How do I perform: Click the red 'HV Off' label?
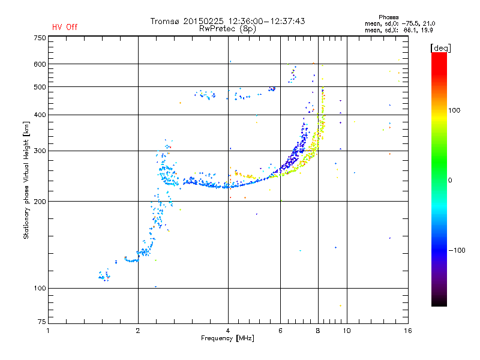pos(64,27)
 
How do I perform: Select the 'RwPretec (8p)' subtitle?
pos(227,28)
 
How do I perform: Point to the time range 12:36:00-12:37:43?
pos(265,21)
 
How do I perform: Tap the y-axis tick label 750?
pos(40,38)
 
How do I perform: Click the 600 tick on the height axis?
pos(40,64)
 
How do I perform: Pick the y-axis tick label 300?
pos(40,151)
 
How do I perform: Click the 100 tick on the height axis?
pos(40,289)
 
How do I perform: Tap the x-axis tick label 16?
pos(408,330)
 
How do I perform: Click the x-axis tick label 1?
pos(48,330)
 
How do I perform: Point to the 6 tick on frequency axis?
pos(280,330)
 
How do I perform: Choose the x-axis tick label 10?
pos(346,330)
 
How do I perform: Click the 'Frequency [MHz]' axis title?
pos(227,338)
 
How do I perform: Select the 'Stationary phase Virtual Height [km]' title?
pos(26,180)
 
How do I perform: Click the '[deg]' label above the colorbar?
pos(440,47)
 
